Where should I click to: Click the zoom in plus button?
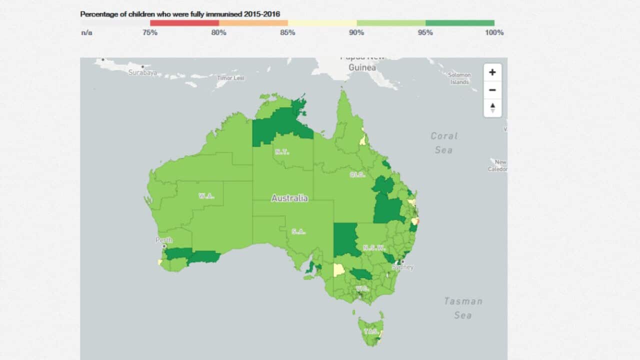click(492, 72)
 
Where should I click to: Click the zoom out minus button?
click(492, 90)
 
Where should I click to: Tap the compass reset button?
click(492, 107)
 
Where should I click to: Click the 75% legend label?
click(150, 33)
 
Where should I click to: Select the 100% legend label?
click(494, 33)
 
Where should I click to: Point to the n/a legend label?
click(86, 33)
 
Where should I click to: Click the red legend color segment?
click(184, 23)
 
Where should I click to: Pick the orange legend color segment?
click(253, 23)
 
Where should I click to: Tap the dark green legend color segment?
click(460, 23)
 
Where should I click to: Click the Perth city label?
click(164, 240)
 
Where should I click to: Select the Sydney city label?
click(403, 267)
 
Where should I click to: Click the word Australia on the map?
click(289, 198)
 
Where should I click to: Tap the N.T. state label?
click(281, 152)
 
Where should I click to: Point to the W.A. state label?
click(206, 195)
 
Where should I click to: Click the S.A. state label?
click(298, 231)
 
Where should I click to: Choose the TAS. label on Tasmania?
click(371, 331)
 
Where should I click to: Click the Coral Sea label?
click(443, 142)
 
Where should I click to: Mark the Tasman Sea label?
click(463, 308)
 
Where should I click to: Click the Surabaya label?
click(142, 72)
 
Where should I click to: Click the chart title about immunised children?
click(180, 14)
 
